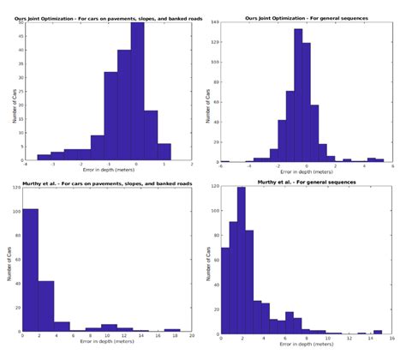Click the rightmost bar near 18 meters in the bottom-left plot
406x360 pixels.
172,330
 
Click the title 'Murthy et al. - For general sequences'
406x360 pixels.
302,183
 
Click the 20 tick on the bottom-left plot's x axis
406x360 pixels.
192,338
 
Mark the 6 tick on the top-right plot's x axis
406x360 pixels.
391,165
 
